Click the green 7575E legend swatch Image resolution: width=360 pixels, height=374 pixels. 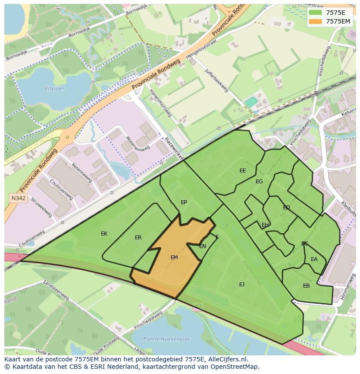pyautogui.click(x=317, y=13)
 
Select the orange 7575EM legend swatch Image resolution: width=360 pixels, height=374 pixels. pyautogui.click(x=317, y=21)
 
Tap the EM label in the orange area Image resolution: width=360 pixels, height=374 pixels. pyautogui.click(x=174, y=258)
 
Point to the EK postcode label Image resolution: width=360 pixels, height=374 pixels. pyautogui.click(x=104, y=234)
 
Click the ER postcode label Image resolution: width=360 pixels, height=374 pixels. pyautogui.click(x=138, y=238)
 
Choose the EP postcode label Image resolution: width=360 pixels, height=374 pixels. pyautogui.click(x=184, y=202)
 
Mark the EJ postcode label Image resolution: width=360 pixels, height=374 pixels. pyautogui.click(x=242, y=285)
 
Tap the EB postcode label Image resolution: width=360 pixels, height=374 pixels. pyautogui.click(x=307, y=286)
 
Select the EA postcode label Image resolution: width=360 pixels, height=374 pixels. pyautogui.click(x=314, y=259)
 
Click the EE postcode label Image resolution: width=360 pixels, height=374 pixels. pyautogui.click(x=243, y=171)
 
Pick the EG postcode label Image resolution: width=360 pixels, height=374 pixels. pyautogui.click(x=259, y=182)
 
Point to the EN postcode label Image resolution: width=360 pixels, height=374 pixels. pyautogui.click(x=203, y=246)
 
